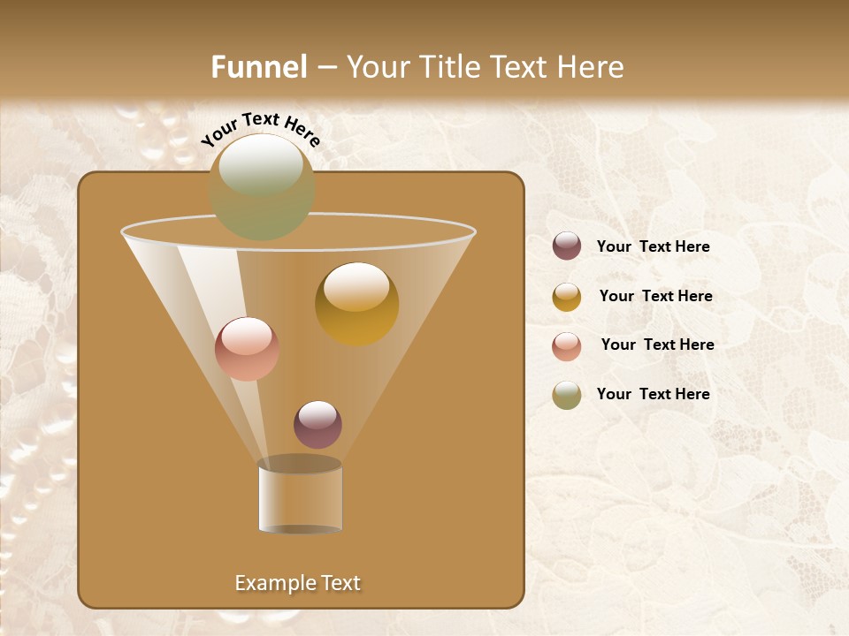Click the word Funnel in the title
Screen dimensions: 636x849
(x=259, y=67)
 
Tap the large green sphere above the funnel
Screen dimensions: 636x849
(x=262, y=186)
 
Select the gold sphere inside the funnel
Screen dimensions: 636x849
(x=356, y=303)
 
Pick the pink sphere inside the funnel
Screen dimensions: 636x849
(x=247, y=348)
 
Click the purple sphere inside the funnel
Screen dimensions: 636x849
(x=317, y=424)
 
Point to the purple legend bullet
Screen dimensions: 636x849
(x=567, y=246)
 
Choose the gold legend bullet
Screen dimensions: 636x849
(x=567, y=297)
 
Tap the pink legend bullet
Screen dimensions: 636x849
(x=567, y=346)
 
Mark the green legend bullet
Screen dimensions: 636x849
(x=567, y=395)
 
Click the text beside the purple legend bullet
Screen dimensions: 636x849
(x=653, y=246)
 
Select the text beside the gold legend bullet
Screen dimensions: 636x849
(x=655, y=296)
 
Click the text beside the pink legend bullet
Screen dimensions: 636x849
(x=657, y=344)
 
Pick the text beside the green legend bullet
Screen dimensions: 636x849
(x=653, y=394)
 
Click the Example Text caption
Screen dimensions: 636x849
(x=297, y=583)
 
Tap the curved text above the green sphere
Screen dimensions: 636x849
(x=260, y=129)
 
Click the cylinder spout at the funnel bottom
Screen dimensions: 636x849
(x=300, y=497)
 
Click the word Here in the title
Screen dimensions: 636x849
(x=591, y=67)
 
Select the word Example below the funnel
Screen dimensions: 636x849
(x=272, y=583)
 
